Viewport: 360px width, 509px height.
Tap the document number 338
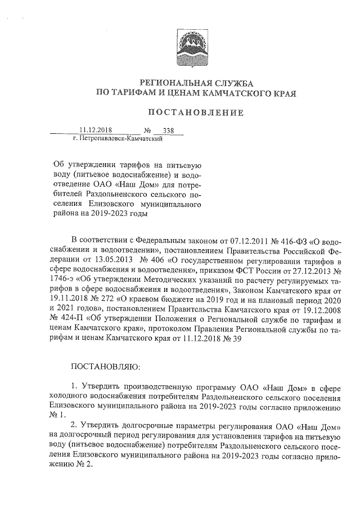168,130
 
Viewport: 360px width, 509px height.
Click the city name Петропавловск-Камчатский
118,138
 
